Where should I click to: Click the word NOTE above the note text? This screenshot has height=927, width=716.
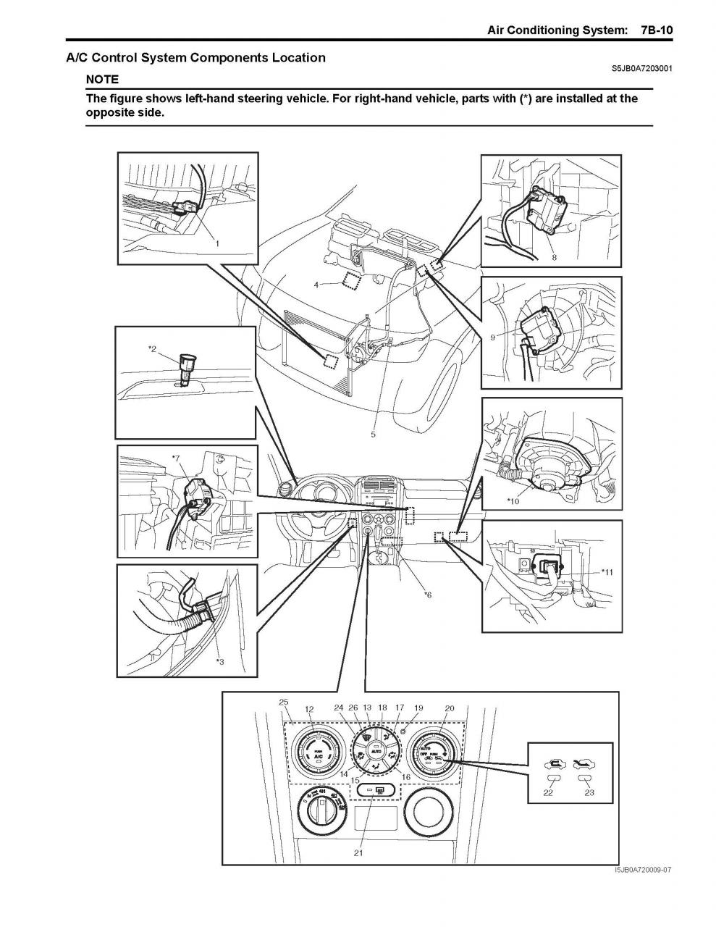pos(102,79)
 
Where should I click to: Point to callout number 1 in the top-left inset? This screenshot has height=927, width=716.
pos(216,243)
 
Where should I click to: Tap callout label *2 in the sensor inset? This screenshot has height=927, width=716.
pos(152,349)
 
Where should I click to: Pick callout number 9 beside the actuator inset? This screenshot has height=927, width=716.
pos(492,337)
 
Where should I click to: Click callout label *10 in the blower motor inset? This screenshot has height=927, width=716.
pos(513,500)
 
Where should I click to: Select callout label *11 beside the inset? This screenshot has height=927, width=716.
pos(607,571)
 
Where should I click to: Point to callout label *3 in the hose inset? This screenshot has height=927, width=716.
pos(219,661)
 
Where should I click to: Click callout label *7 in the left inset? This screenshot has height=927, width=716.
pos(176,458)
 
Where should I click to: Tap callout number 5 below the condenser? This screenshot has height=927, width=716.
pos(373,435)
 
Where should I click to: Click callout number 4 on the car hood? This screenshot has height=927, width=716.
pos(316,285)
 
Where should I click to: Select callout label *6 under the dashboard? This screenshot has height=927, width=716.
pos(427,595)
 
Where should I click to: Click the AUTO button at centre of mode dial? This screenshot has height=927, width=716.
pos(376,753)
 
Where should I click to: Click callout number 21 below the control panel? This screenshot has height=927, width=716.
pos(358,853)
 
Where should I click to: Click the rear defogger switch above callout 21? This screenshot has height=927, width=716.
pos(374,789)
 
